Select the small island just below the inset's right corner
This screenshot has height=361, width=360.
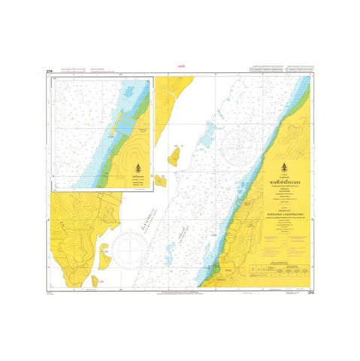160,180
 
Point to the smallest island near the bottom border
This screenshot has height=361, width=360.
95,281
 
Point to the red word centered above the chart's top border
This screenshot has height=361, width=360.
180,66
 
